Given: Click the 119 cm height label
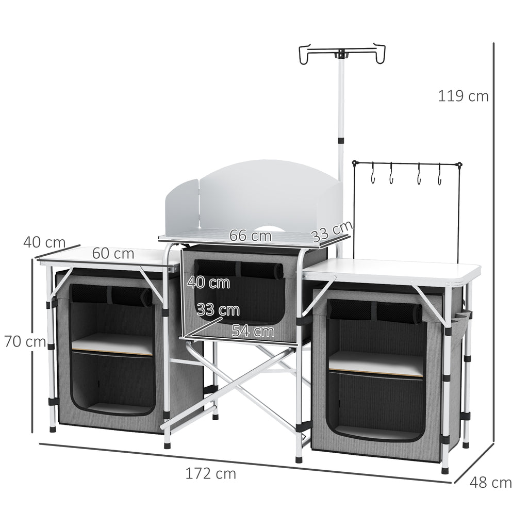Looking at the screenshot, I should pyautogui.click(x=463, y=96).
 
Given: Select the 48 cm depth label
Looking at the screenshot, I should pyautogui.click(x=490, y=483).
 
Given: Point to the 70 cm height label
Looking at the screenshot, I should pyautogui.click(x=25, y=341).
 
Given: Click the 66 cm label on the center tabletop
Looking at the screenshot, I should pyautogui.click(x=250, y=236).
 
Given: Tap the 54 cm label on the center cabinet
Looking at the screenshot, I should pyautogui.click(x=253, y=331).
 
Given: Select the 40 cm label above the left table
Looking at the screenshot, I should pyautogui.click(x=44, y=242).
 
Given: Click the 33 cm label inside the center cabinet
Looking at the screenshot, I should pyautogui.click(x=218, y=310).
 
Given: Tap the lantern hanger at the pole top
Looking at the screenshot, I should pyautogui.click(x=342, y=54).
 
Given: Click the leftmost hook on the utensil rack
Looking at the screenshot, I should pyautogui.click(x=373, y=174).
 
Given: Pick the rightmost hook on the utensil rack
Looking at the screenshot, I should pyautogui.click(x=440, y=175).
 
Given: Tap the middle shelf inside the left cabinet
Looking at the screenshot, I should pyautogui.click(x=112, y=344).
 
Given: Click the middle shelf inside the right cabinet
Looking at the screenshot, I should pyautogui.click(x=376, y=364).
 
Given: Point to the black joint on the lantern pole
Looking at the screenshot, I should pyautogui.click(x=340, y=140).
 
